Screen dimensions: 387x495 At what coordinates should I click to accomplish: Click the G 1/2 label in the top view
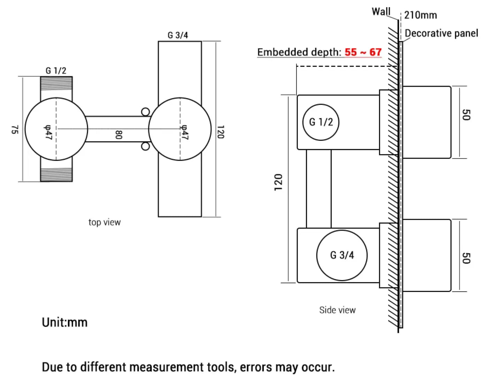56,71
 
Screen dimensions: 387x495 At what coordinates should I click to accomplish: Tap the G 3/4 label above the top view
178,35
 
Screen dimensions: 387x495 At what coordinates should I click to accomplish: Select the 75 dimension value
14,129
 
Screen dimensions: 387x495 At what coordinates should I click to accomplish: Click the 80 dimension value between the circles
119,135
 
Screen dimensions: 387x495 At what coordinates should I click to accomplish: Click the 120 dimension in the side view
278,182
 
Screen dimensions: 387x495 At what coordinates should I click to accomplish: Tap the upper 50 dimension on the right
466,115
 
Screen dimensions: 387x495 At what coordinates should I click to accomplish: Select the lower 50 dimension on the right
466,258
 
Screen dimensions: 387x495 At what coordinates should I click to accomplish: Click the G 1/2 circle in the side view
321,122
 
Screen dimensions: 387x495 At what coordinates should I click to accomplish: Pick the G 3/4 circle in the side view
342,255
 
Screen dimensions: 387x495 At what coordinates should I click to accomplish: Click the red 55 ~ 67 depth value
363,52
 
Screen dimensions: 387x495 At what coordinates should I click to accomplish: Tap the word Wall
381,12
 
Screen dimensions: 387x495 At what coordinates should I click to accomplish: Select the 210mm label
420,15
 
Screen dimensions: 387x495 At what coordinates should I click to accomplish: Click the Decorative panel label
441,33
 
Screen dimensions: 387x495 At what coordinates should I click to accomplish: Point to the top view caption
104,222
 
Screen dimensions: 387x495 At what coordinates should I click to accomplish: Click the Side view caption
337,310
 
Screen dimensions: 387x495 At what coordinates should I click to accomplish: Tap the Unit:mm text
64,322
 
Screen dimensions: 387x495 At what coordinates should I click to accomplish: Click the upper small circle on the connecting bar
146,112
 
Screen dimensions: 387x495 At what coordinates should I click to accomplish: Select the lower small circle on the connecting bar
146,146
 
